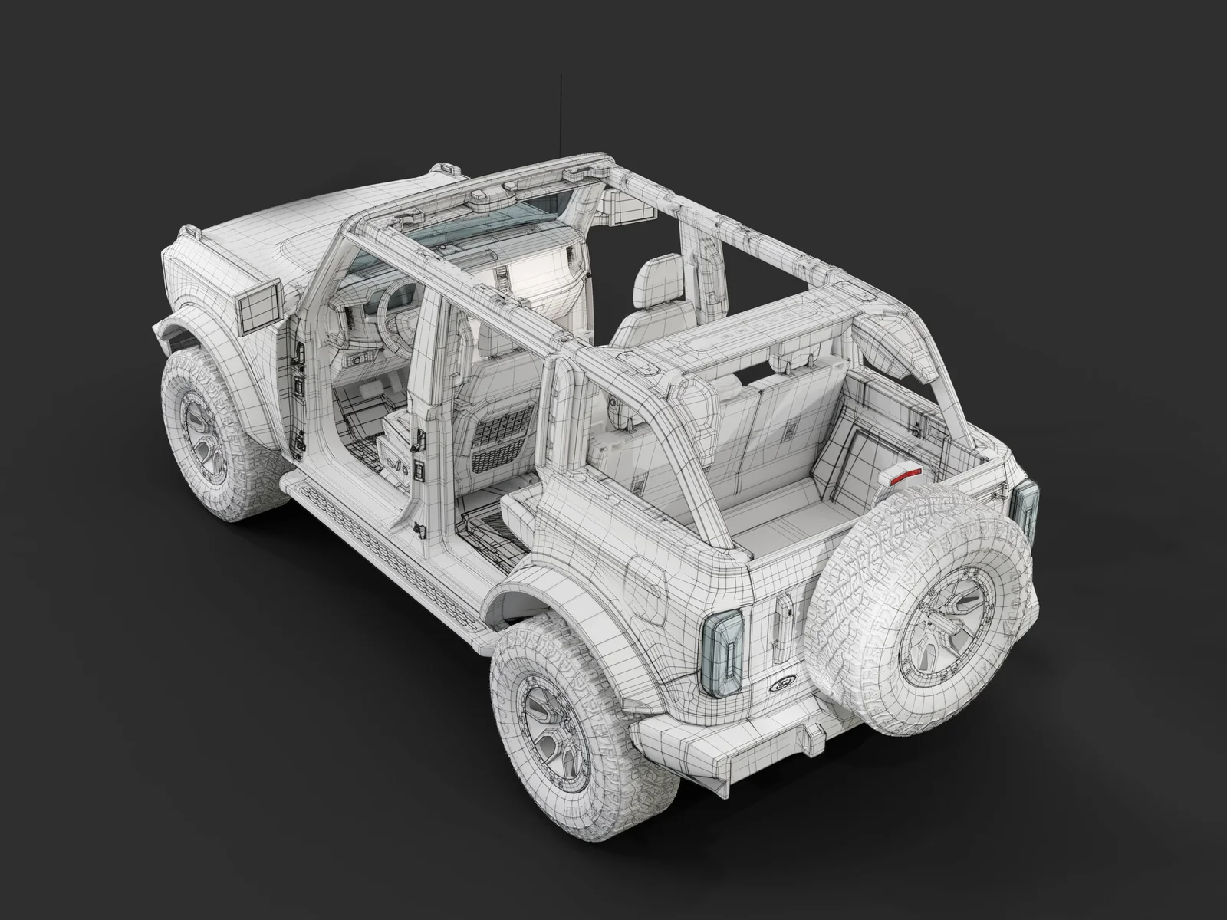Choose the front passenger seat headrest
[653, 280]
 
